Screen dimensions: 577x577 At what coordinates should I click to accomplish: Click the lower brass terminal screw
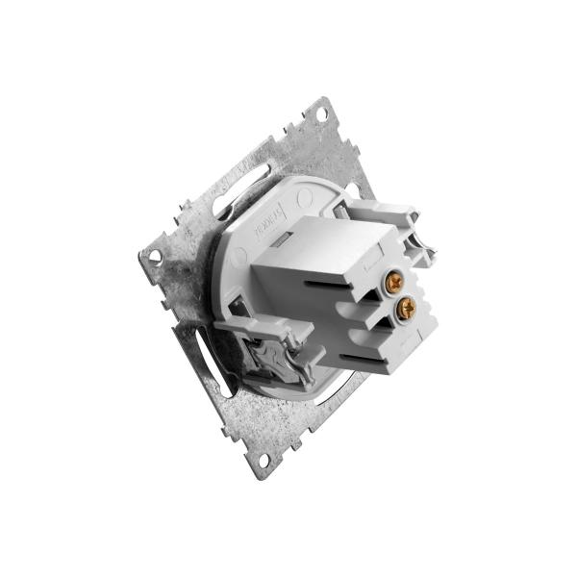[x=406, y=308]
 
